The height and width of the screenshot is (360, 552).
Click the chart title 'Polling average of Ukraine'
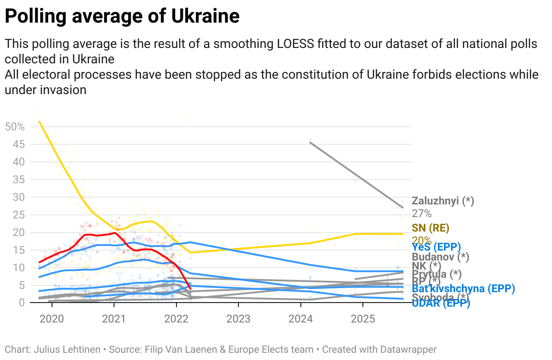pos(122,17)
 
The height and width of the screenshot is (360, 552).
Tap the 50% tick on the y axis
pos(14,127)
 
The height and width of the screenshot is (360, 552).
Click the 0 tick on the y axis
pos(22,303)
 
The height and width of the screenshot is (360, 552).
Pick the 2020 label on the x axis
pos(51,319)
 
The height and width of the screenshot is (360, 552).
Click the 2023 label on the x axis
pos(238,319)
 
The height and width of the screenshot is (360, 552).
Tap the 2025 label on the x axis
pos(363,319)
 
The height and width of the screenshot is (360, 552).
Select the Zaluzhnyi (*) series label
pos(443,201)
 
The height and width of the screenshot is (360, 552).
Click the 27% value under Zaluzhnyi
pos(421,213)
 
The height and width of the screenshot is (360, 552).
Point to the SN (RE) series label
pos(430,228)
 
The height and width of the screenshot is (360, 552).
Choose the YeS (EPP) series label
pos(436,247)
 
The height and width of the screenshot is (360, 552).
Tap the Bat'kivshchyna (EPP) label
pos(457,289)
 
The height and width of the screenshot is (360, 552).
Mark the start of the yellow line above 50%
pos(40,121)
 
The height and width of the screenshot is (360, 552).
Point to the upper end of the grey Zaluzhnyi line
pos(310,142)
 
